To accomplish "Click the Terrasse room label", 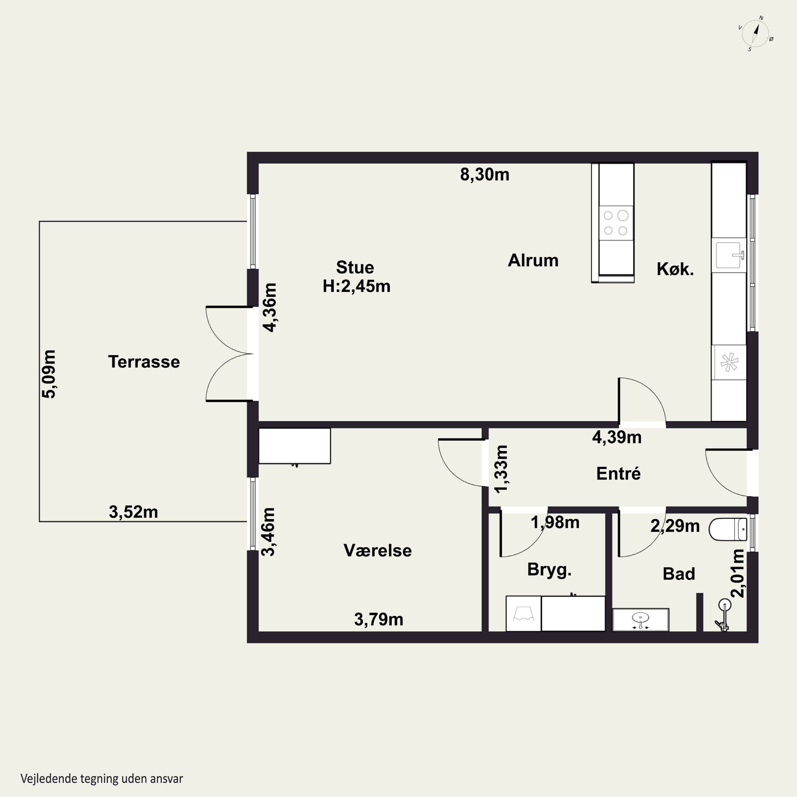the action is [x=144, y=362].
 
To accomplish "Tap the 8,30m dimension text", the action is [x=485, y=175].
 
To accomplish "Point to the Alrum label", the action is [x=533, y=260].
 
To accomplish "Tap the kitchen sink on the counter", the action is [x=729, y=255].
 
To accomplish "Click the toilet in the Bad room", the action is [x=728, y=529].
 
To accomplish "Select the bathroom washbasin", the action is [x=640, y=620].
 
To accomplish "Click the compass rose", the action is [x=755, y=33].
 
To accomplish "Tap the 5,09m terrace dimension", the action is [x=49, y=374].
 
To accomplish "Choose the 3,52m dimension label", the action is [x=133, y=512].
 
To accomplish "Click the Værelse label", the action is [x=378, y=550].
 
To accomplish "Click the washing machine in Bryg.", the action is [x=523, y=613].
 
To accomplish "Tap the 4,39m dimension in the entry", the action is [x=617, y=437].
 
